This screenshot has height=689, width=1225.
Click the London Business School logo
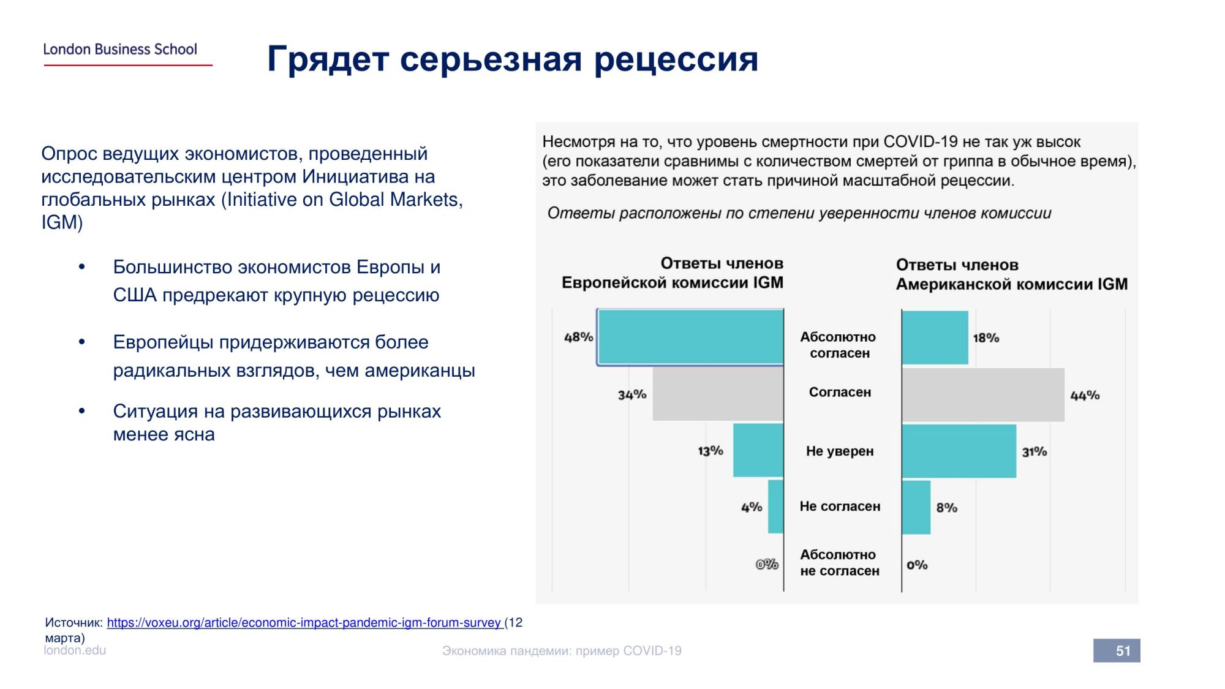tap(121, 50)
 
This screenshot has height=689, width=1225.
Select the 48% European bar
tap(690, 337)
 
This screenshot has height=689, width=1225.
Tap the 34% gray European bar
tap(718, 394)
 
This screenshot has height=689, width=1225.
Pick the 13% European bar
tap(758, 450)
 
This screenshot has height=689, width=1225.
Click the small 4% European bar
tap(776, 506)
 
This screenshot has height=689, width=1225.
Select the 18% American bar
tap(935, 337)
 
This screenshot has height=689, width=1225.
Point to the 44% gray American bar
tap(983, 395)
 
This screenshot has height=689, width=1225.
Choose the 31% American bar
tap(959, 451)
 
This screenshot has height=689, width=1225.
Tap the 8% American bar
tap(916, 507)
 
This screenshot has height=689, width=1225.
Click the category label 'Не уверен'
tap(840, 451)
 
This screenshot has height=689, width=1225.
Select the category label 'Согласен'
tap(840, 393)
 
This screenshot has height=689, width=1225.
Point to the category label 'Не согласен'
tap(840, 506)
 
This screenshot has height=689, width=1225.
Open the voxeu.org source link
tap(304, 623)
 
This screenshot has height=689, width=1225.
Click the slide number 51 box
tap(1117, 650)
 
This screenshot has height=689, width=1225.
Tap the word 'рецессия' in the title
tap(676, 59)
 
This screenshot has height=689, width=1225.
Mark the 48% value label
tap(578, 337)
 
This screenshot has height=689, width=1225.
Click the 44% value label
tap(1085, 396)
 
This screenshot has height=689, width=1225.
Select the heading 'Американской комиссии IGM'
tap(1011, 284)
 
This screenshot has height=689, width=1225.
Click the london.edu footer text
tap(75, 650)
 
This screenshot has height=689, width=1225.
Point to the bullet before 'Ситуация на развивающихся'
tap(81, 412)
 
